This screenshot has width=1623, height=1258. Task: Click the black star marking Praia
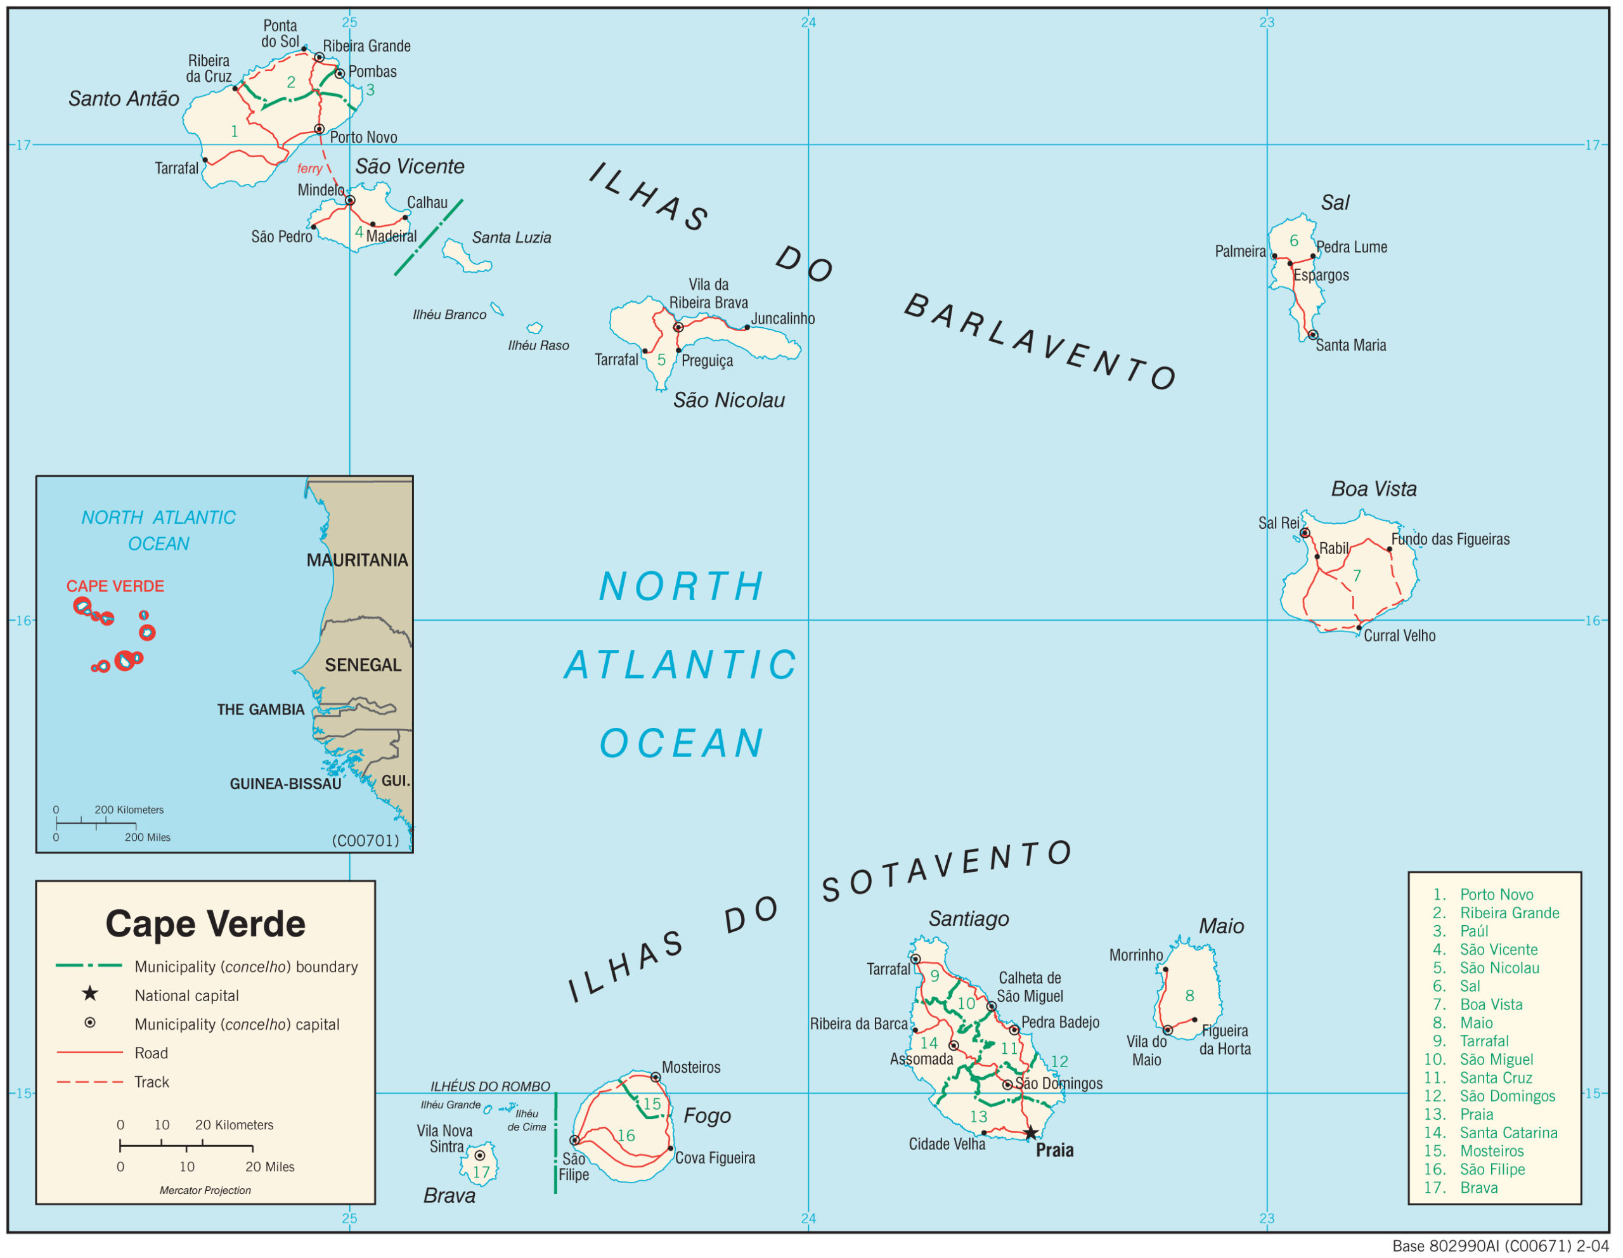(1030, 1133)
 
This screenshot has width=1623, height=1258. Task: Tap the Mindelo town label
(321, 190)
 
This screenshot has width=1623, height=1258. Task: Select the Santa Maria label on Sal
(1350, 346)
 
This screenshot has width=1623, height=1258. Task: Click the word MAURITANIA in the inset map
(358, 561)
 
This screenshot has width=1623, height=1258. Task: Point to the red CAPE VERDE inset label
(115, 587)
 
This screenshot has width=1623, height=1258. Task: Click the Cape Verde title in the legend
(205, 924)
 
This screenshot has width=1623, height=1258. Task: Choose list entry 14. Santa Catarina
(1490, 1133)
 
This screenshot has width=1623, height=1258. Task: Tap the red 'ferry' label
(309, 169)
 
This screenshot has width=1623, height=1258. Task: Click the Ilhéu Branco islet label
(449, 315)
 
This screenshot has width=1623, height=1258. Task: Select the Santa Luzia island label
(511, 238)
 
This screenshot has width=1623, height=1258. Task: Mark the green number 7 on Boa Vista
(1357, 576)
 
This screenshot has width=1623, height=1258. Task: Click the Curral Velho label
(1399, 636)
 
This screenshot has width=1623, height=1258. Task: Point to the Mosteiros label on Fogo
(691, 1068)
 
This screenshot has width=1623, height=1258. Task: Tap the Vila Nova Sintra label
(445, 1139)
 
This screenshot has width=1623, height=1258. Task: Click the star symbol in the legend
(90, 994)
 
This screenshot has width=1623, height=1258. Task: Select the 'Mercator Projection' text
(205, 1190)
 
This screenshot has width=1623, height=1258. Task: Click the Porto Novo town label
(363, 138)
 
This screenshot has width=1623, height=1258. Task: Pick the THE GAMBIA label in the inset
(260, 710)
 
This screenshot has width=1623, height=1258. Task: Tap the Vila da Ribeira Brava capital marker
(678, 327)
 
